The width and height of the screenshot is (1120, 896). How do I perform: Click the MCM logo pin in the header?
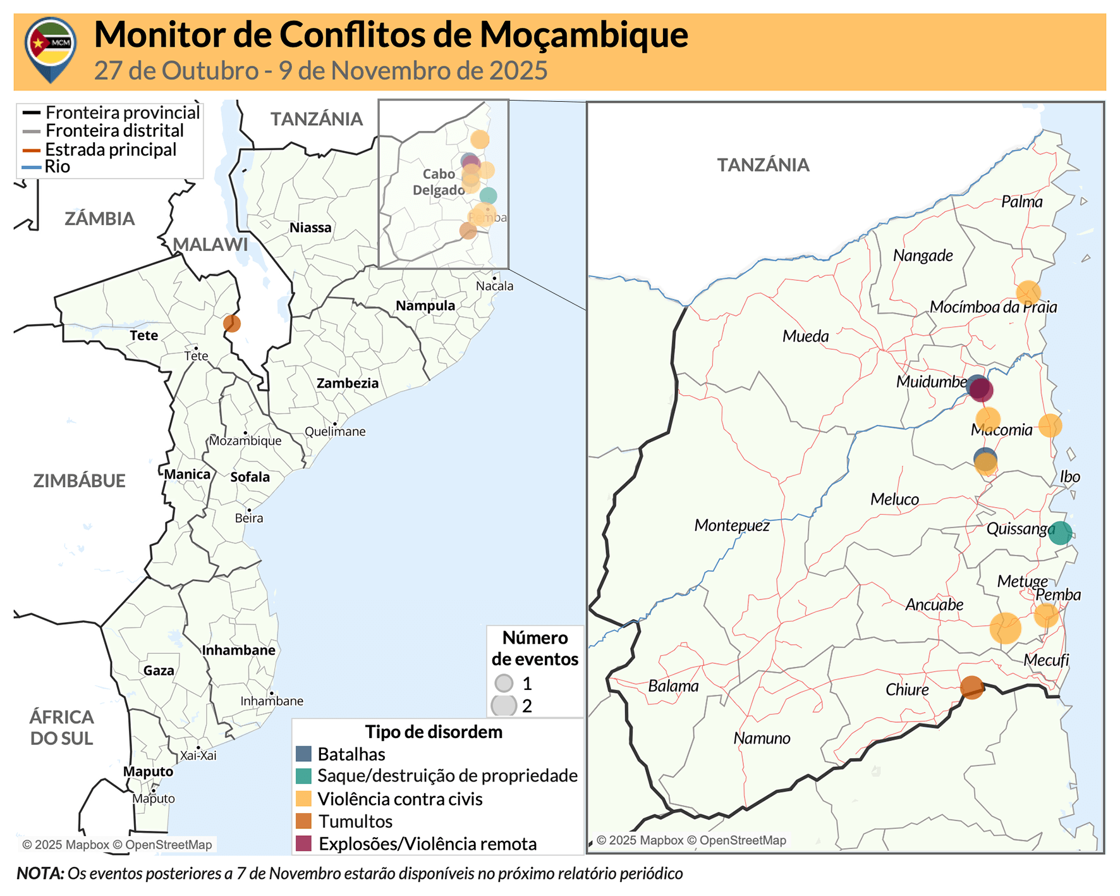point(51,48)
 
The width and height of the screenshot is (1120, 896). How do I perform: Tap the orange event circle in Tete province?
point(232,323)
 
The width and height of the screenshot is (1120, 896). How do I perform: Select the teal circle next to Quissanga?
point(1060,533)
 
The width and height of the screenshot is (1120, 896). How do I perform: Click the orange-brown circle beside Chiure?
point(971,687)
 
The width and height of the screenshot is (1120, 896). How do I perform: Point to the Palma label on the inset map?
point(1021,202)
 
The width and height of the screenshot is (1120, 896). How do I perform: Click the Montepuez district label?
point(732,525)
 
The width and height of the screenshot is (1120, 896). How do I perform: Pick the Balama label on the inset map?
point(673,686)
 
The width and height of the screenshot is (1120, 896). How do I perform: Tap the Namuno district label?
point(762,739)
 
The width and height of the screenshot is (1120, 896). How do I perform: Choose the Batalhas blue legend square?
point(304,754)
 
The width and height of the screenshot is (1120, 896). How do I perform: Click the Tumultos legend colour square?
point(304,821)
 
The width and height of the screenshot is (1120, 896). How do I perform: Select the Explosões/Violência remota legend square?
point(304,844)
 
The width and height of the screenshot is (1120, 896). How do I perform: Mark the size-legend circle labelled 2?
point(504,706)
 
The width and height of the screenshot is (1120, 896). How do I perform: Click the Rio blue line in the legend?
point(32,168)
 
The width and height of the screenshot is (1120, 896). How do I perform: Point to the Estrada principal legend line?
point(32,150)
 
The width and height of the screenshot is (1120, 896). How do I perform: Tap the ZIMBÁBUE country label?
point(79,481)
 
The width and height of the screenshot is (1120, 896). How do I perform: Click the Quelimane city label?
point(335,432)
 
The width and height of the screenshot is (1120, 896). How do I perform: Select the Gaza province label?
point(159,671)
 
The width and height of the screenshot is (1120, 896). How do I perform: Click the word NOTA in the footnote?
point(40,874)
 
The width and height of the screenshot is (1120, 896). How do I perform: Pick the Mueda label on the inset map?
point(805,336)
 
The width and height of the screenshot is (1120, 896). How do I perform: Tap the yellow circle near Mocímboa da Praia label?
point(1028,292)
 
